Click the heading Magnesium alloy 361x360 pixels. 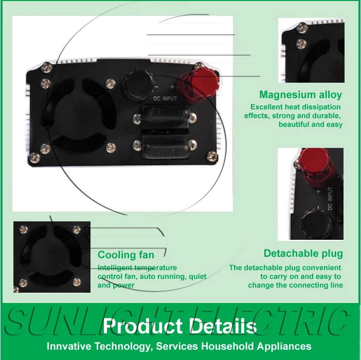tap(300, 94)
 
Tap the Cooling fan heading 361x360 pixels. tap(126, 255)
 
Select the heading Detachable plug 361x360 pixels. tap(303, 253)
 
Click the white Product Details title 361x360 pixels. tap(179, 326)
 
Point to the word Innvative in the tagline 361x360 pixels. tap(67, 346)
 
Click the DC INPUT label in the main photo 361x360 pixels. tap(165, 99)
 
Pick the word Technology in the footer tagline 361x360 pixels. tap(124, 346)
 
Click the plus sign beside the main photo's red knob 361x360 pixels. tap(172, 87)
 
